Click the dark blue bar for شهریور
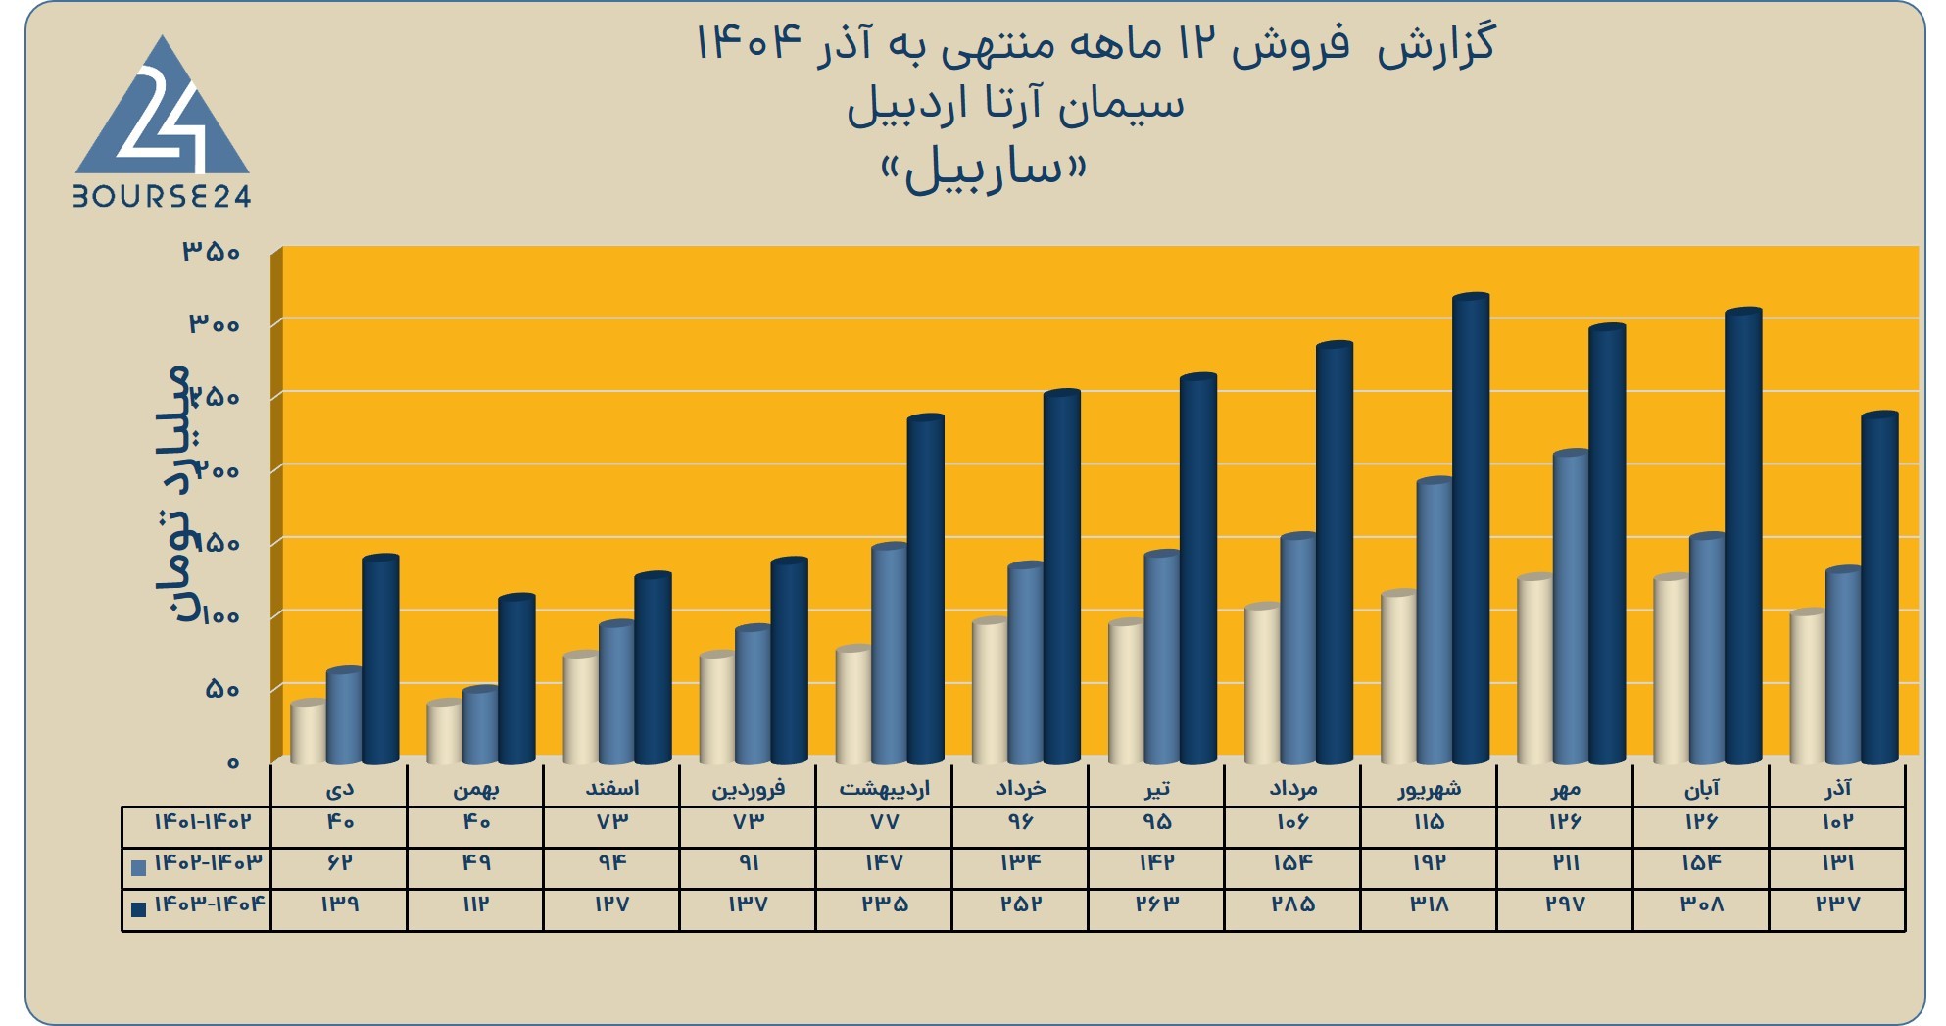pos(1471,529)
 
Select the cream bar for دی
pos(309,732)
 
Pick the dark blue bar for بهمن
pos(516,679)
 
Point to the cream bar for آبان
pos(1672,669)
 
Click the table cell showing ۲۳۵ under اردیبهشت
pos(884,904)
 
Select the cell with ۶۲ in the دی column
pos(339,863)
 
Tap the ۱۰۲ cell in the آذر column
pos(1837,822)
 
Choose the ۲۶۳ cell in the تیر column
pos(1157,904)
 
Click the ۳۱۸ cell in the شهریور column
pos(1430,904)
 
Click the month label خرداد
pos(1021,789)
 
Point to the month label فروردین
pos(749,789)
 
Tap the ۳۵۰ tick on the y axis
pos(212,252)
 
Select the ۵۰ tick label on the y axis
pos(222,689)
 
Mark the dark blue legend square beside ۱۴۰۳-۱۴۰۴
pos(138,909)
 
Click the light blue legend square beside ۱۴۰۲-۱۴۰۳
pos(138,867)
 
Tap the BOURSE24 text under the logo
pos(163,197)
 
